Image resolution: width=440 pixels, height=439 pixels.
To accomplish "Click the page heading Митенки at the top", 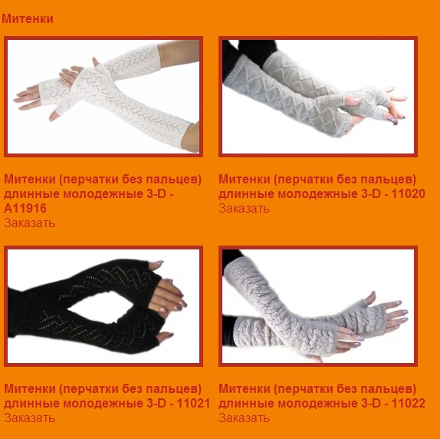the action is tap(28, 19).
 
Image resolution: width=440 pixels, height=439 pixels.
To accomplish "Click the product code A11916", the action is tap(25, 209).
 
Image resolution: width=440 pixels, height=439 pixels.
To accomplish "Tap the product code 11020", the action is tap(409, 194).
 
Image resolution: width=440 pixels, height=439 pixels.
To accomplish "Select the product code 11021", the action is tap(193, 404).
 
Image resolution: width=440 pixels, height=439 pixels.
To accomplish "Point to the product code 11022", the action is tap(409, 404).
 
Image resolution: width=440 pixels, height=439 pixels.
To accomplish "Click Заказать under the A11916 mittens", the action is tap(29, 223).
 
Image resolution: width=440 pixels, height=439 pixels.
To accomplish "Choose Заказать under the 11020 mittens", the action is tap(244, 209).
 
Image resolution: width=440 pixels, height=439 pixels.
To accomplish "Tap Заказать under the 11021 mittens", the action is tap(29, 418).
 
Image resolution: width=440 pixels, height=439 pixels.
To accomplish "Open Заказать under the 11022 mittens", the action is tap(244, 418).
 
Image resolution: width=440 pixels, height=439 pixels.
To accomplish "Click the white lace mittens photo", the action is tap(103, 97).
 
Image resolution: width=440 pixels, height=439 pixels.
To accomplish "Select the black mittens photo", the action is tap(103, 306).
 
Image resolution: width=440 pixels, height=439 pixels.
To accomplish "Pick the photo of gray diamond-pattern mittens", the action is tap(318, 97).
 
